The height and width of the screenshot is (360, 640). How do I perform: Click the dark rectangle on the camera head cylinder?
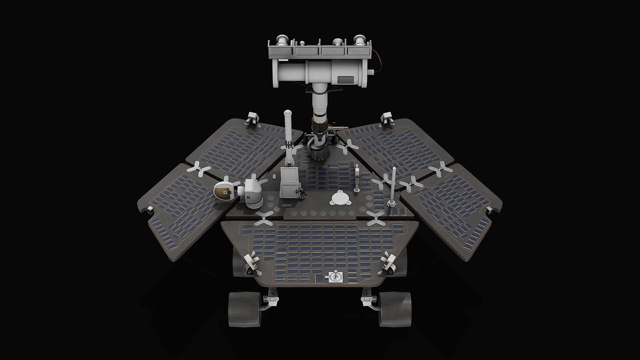[x=346, y=80]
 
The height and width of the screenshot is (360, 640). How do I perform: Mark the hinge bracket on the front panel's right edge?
[x=388, y=263]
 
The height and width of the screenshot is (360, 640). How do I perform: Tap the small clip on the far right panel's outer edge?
[x=490, y=209]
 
